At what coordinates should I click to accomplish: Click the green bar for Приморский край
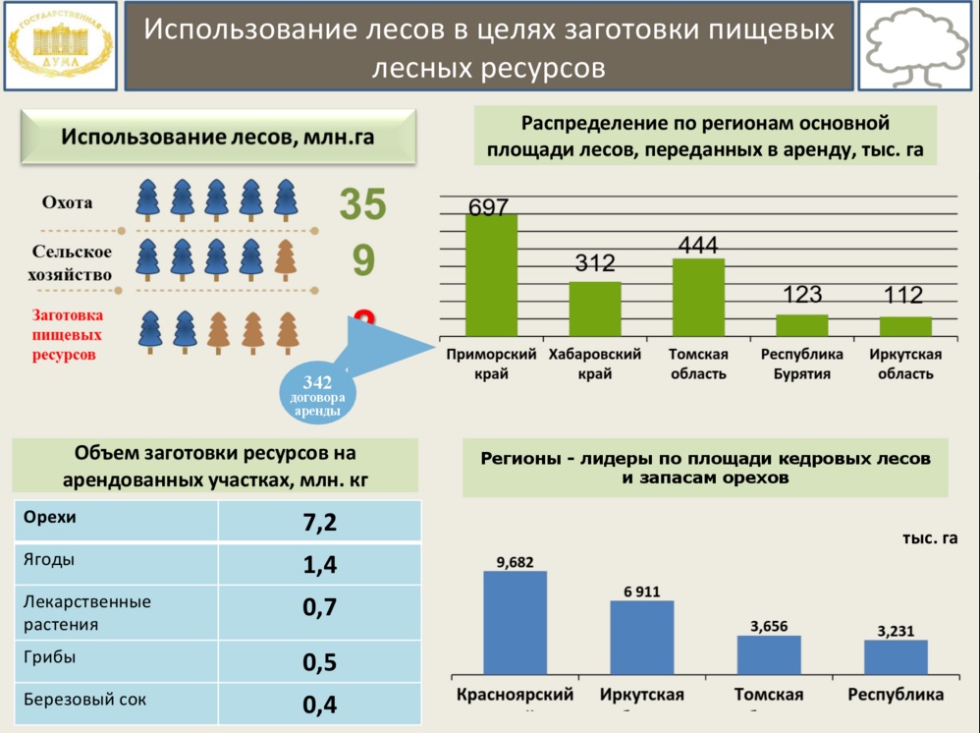491,275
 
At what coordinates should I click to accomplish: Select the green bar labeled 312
595,309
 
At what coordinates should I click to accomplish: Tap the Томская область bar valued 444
698,298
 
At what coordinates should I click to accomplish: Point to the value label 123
802,295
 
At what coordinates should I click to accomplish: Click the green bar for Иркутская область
905,326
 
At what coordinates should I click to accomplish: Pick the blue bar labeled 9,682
515,623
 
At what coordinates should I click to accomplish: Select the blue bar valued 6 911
642,638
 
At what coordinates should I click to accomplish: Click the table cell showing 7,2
319,522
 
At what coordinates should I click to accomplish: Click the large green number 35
363,204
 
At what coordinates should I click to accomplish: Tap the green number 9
363,261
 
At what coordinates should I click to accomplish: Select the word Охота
67,203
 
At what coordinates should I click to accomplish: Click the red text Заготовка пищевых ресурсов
67,335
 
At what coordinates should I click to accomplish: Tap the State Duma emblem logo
60,45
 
